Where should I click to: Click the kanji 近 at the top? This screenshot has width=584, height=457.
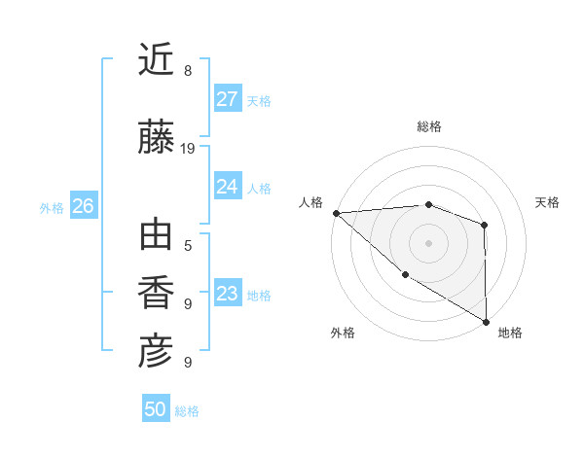(x=156, y=60)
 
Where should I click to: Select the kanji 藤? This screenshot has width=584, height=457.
(x=156, y=138)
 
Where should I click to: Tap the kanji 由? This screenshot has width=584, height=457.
(x=156, y=236)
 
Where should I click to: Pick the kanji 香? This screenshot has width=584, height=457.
(x=156, y=294)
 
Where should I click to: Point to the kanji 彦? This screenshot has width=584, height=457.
(x=156, y=352)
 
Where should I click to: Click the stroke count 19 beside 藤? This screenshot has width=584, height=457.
(x=188, y=149)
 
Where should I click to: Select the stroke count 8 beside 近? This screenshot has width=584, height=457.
(x=187, y=71)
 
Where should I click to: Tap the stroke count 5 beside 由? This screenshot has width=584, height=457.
(x=187, y=246)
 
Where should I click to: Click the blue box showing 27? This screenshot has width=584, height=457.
(x=227, y=99)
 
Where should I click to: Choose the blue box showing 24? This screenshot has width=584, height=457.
(x=227, y=187)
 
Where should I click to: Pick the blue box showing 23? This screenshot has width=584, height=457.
(x=227, y=294)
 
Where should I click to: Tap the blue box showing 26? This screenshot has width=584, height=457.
(x=83, y=206)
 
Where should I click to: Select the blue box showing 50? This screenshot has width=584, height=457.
(x=155, y=409)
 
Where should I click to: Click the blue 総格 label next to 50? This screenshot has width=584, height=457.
(x=187, y=411)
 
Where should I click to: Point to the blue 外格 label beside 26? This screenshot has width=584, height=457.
(x=52, y=207)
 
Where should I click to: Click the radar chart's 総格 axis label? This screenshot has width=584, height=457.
(x=428, y=126)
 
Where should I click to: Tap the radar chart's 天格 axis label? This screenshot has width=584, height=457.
(x=548, y=202)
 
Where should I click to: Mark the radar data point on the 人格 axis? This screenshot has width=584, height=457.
(x=335, y=213)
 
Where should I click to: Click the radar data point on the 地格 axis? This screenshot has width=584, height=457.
(x=485, y=321)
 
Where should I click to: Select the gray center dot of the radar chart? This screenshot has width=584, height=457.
(x=428, y=242)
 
